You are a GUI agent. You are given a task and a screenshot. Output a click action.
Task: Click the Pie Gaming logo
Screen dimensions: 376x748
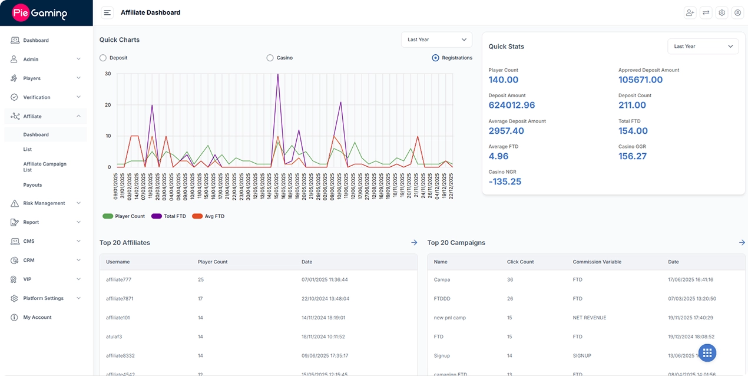click(40, 13)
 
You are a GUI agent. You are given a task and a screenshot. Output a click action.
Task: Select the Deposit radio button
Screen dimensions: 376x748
click(103, 58)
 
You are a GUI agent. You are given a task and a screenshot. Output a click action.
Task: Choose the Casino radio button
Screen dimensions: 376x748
click(270, 58)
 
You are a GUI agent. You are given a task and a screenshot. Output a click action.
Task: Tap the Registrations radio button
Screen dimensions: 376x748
click(435, 58)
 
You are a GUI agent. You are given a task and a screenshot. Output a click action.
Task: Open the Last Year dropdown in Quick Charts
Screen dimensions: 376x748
click(436, 39)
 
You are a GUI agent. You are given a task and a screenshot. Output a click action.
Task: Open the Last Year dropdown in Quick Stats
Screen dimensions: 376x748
click(703, 47)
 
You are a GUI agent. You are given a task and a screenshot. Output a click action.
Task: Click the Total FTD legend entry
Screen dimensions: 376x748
click(169, 216)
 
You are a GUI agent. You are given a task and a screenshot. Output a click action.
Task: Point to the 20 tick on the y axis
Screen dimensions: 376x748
click(108, 105)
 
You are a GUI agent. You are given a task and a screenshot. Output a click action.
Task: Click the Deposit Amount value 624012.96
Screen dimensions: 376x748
click(512, 105)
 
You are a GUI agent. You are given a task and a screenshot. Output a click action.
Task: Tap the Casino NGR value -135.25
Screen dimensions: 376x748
click(505, 182)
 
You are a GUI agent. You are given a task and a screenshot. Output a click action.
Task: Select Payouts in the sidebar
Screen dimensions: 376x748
click(32, 185)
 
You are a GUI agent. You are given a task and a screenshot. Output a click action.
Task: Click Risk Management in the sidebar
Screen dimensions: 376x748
click(44, 203)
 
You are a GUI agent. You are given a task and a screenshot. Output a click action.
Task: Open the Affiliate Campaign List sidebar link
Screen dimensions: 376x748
click(45, 167)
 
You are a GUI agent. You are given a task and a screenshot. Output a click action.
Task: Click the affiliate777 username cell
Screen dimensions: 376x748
click(118, 279)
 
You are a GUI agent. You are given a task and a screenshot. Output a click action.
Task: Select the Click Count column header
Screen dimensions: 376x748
click(520, 262)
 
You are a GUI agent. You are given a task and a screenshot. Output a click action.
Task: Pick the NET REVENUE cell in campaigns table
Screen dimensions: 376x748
click(589, 318)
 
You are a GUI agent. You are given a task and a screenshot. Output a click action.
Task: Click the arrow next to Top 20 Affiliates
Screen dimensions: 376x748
click(414, 242)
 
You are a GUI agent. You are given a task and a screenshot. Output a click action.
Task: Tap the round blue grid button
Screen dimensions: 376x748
click(707, 353)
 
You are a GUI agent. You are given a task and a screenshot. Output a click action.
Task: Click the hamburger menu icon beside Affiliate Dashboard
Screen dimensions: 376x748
click(107, 12)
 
